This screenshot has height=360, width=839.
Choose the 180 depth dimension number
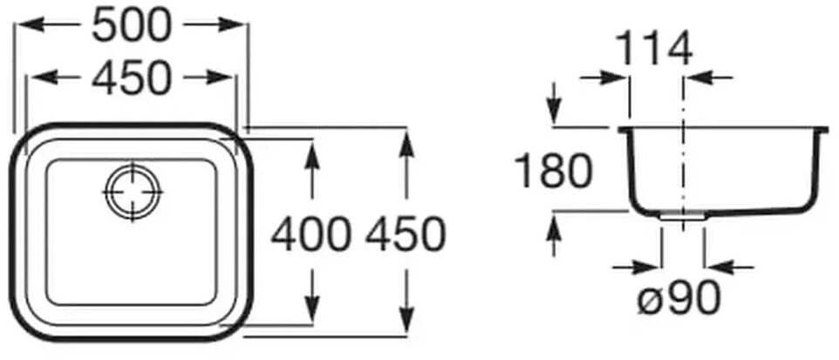[552, 171]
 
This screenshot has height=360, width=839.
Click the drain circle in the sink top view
[133, 189]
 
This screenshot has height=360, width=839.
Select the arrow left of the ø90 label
[646, 266]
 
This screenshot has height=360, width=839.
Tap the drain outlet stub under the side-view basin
[681, 217]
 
